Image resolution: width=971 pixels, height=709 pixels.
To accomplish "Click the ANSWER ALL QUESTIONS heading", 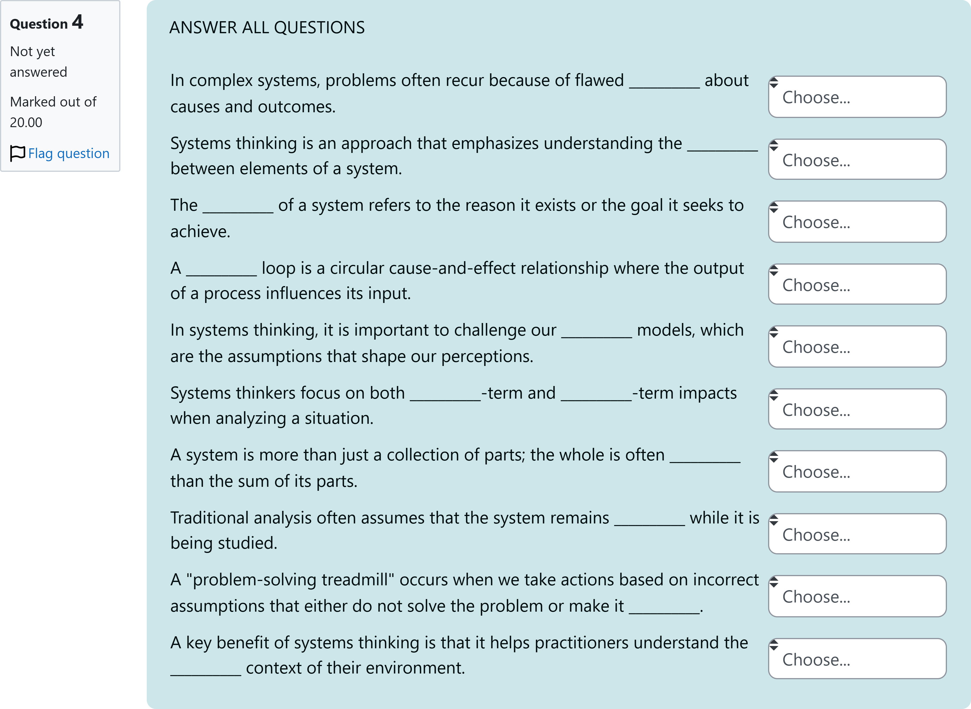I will point(267,27).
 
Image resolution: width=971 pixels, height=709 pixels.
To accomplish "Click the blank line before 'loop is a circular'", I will point(221,274).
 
